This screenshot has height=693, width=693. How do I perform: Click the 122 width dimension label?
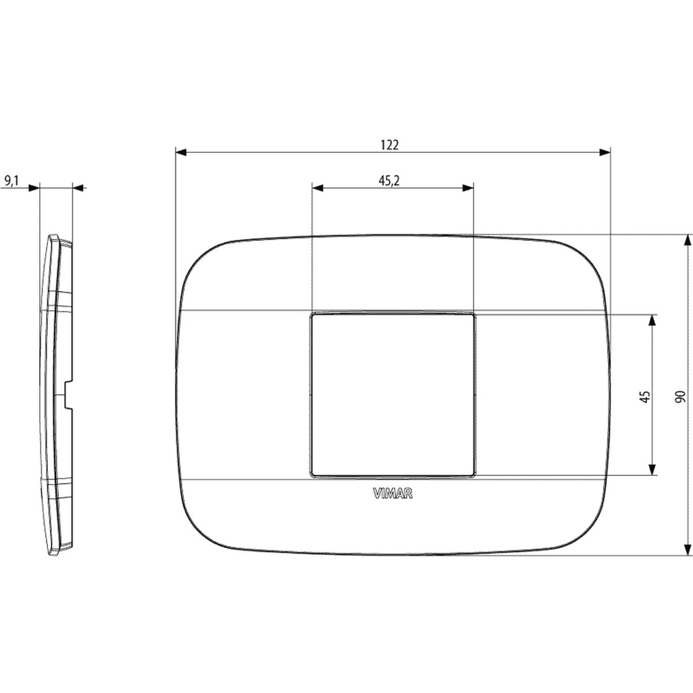[390, 145]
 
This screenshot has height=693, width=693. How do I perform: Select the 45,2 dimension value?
[389, 181]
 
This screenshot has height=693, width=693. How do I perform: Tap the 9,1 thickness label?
[12, 181]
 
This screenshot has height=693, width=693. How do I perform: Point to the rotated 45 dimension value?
[646, 396]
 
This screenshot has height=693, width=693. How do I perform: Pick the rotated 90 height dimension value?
[680, 396]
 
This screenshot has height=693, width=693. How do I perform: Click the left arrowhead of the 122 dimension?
[181, 152]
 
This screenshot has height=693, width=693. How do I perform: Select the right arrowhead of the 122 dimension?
[605, 152]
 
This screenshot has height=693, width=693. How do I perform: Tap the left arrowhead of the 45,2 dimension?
[318, 188]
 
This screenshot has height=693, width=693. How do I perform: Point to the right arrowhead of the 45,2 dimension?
[468, 188]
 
